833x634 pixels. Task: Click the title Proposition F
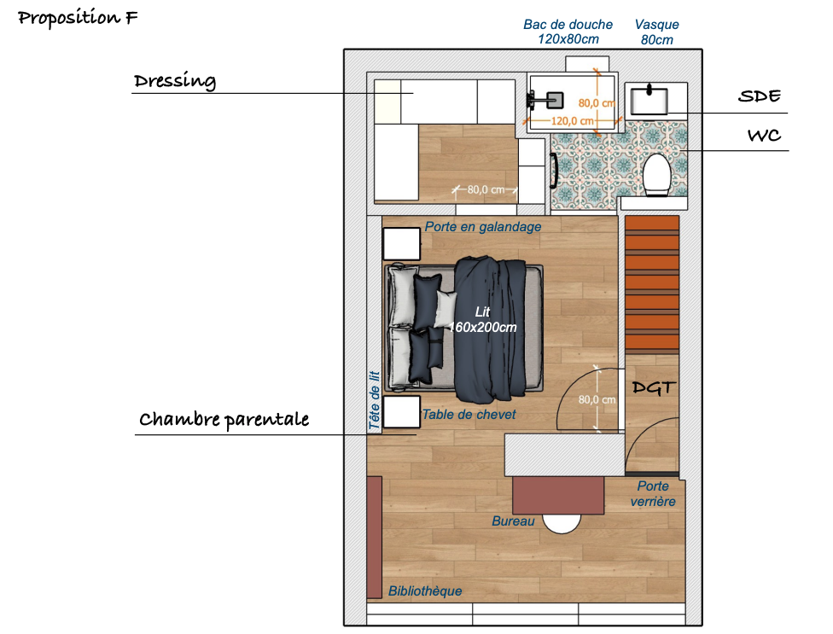click(78, 18)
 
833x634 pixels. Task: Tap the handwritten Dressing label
click(175, 81)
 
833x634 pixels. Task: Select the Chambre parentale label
click(224, 420)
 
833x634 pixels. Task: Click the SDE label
click(760, 96)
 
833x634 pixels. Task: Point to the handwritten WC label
click(765, 136)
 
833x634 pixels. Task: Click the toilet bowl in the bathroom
click(657, 175)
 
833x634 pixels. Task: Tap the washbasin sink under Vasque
click(649, 101)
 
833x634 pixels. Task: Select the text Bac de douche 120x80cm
click(568, 32)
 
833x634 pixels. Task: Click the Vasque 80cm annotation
click(656, 32)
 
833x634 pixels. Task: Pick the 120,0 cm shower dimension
click(572, 121)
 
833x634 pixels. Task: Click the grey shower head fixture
click(555, 100)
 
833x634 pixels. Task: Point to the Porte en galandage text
click(483, 227)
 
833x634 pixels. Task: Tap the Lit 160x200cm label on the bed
click(482, 319)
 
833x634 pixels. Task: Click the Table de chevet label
click(469, 414)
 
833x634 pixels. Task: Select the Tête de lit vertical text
click(375, 400)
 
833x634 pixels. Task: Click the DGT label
click(654, 387)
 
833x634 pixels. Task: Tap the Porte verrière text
click(653, 494)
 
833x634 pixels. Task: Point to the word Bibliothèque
click(425, 591)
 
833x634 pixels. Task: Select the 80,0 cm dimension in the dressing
click(486, 189)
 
